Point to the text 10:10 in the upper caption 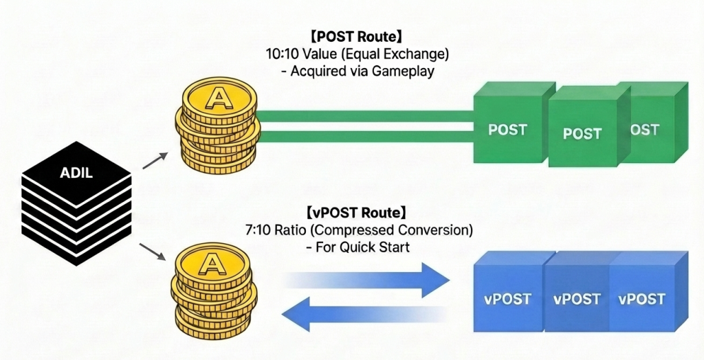[281, 54]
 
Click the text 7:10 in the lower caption [278, 229]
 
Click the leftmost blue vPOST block [507, 299]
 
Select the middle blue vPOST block [577, 299]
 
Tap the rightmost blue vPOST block [641, 299]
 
